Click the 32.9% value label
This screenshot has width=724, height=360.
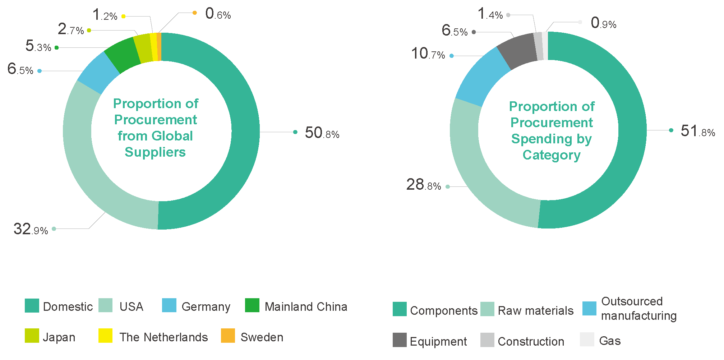(x=31, y=229)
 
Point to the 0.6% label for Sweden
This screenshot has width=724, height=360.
(x=218, y=14)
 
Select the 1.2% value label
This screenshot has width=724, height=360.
(x=105, y=15)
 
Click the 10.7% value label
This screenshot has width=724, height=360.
(x=428, y=54)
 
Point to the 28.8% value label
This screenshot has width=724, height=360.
(x=424, y=185)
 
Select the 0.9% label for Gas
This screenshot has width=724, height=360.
(x=604, y=23)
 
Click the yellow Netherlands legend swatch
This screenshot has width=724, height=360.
(x=105, y=336)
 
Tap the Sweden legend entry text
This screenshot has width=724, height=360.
(x=262, y=337)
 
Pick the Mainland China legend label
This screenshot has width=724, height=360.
(x=306, y=307)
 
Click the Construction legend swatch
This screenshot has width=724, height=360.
(x=487, y=340)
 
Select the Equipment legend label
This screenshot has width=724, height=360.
(x=438, y=341)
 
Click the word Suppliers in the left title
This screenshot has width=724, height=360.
(x=155, y=152)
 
